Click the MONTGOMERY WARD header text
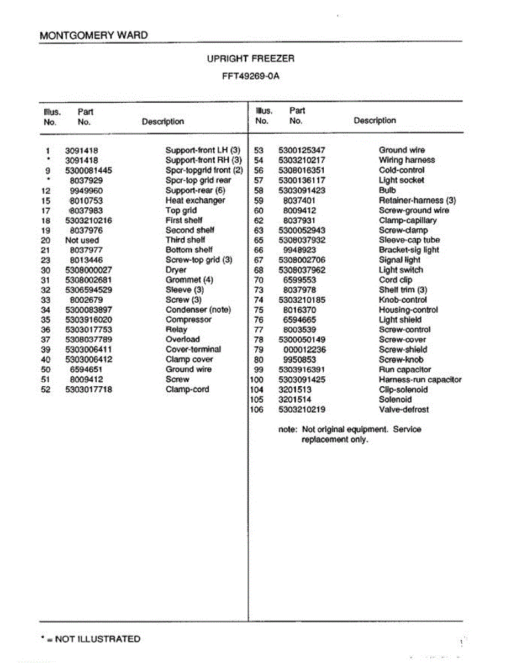coord(94,35)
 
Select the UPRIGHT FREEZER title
coord(250,59)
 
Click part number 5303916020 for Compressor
coord(88,320)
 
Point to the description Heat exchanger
coord(195,201)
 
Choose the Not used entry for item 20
coord(82,240)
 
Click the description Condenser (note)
coord(198,310)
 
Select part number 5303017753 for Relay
coord(88,330)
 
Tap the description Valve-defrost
coord(403,410)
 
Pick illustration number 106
coord(257,410)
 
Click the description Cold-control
coord(402,171)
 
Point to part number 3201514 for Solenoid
coord(295,400)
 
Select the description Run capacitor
coord(405,370)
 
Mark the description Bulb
coord(387,191)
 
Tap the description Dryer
coord(176,270)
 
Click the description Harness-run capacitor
coord(420,380)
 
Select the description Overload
coord(183,340)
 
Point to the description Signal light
coord(399,260)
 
